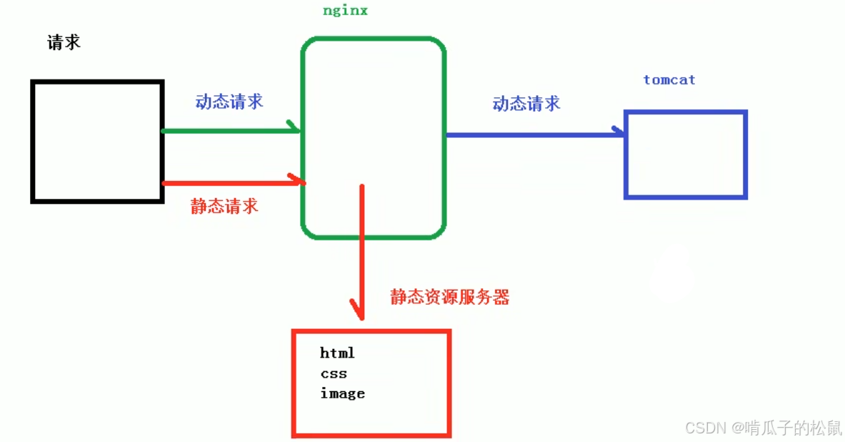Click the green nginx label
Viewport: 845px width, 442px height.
pyautogui.click(x=345, y=11)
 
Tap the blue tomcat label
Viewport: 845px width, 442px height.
pyautogui.click(x=669, y=79)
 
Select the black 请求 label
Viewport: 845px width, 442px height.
pyautogui.click(x=64, y=42)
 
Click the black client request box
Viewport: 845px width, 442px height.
pyautogui.click(x=97, y=141)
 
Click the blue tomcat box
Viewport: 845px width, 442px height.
pyautogui.click(x=685, y=154)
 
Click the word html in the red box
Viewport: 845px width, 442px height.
pyautogui.click(x=337, y=353)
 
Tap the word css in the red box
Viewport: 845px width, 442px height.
pyautogui.click(x=334, y=373)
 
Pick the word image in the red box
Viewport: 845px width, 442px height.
pyautogui.click(x=342, y=393)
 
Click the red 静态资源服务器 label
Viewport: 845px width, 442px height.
pyautogui.click(x=449, y=297)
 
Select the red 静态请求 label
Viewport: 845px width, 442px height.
pyautogui.click(x=224, y=207)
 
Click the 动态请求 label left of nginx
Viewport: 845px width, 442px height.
pyautogui.click(x=229, y=102)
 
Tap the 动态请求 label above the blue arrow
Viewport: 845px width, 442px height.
pyautogui.click(x=526, y=104)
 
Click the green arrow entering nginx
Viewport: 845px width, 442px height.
pyautogui.click(x=229, y=131)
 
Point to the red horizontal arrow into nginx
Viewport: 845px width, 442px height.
pyautogui.click(x=229, y=183)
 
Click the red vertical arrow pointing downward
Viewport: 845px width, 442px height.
pyautogui.click(x=362, y=250)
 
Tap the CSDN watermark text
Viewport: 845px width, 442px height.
pyautogui.click(x=763, y=428)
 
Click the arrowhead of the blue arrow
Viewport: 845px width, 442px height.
pyautogui.click(x=619, y=132)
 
